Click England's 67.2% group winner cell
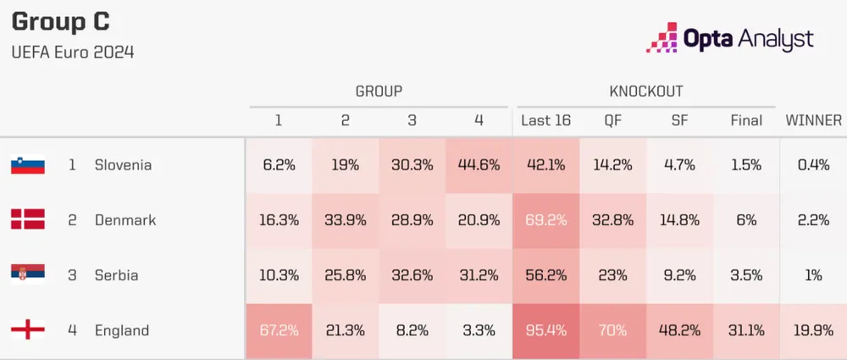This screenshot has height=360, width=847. [x=279, y=330]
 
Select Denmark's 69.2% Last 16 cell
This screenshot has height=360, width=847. [x=545, y=220]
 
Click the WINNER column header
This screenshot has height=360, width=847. [x=813, y=120]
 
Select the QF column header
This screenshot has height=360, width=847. [x=612, y=120]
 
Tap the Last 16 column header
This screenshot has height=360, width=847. [x=545, y=120]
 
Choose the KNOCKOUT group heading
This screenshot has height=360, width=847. [x=645, y=91]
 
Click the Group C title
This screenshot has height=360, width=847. [x=60, y=22]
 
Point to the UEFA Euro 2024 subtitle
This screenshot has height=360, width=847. [x=73, y=53]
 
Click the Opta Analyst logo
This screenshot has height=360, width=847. [x=730, y=38]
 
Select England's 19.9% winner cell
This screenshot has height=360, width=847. [x=813, y=330]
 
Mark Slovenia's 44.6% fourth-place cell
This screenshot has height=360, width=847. [x=479, y=165]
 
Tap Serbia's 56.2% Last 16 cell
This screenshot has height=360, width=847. [x=545, y=275]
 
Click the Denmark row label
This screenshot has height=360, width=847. [x=125, y=220]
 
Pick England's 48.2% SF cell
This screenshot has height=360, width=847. [x=679, y=330]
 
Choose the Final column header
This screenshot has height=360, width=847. [x=746, y=120]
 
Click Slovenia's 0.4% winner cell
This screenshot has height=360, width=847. [x=813, y=165]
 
